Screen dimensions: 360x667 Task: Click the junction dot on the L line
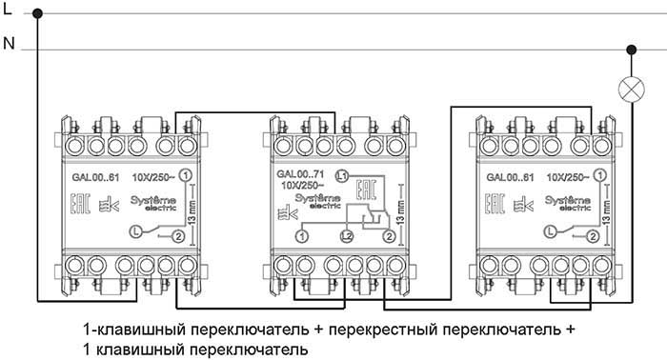pyautogui.click(x=37, y=14)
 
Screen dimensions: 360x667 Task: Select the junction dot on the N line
pyautogui.click(x=630, y=49)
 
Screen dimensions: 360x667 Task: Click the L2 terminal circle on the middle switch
pyautogui.click(x=348, y=234)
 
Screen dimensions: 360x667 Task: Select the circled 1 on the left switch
pyautogui.click(x=185, y=176)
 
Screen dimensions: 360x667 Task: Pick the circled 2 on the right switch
pyautogui.click(x=593, y=235)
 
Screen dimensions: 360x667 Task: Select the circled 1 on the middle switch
pyautogui.click(x=302, y=234)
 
